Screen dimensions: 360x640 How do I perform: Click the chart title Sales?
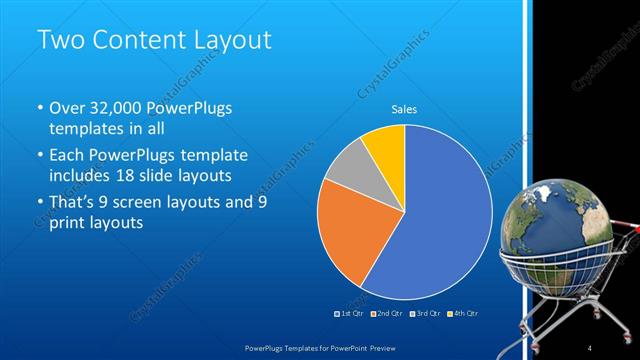tap(404, 109)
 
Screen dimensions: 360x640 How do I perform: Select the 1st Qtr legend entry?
tap(349, 313)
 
